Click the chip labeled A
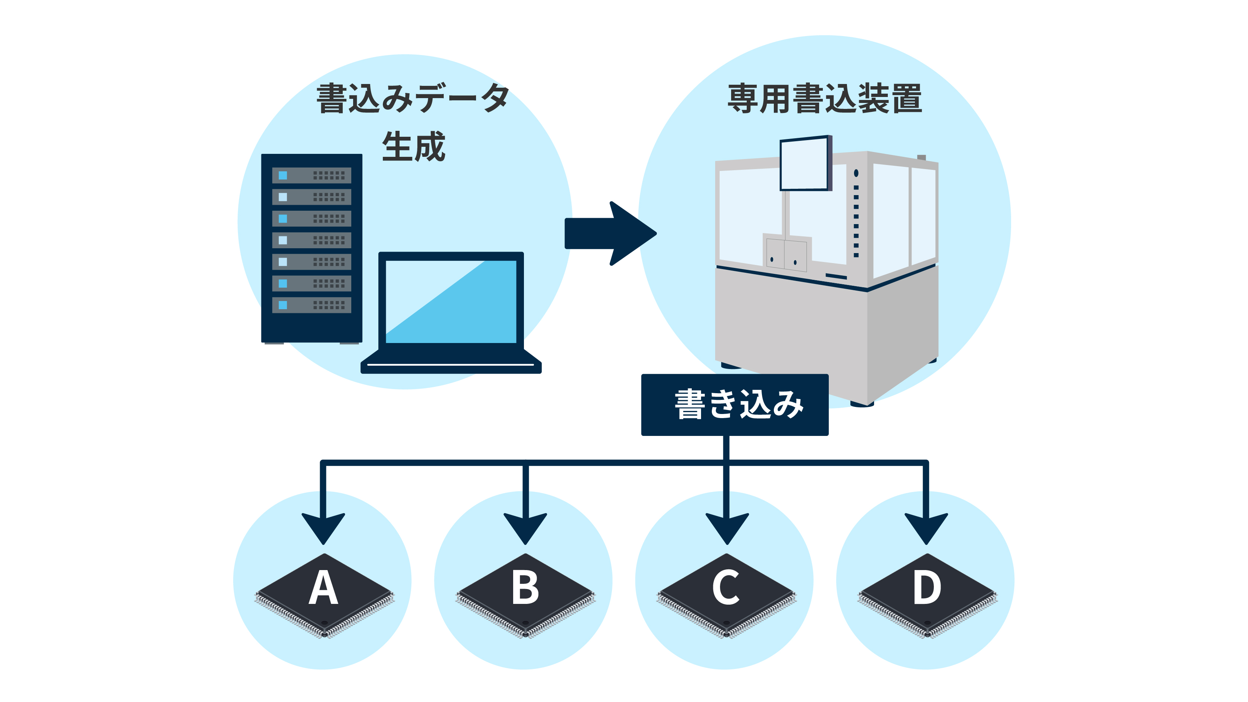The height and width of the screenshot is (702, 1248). click(x=324, y=594)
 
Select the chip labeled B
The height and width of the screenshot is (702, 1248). click(x=525, y=594)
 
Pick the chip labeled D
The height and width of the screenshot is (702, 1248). click(x=927, y=594)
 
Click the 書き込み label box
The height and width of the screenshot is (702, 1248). click(x=734, y=404)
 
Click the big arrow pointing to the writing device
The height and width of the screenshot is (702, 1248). click(x=610, y=234)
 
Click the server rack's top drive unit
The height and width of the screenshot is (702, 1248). click(x=312, y=175)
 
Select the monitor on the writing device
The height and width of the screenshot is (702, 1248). click(x=804, y=164)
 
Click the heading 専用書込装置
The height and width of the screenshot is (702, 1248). click(x=825, y=99)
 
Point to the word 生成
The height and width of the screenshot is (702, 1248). click(x=413, y=146)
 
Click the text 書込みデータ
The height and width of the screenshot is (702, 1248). click(x=413, y=99)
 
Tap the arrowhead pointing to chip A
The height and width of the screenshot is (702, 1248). click(x=323, y=527)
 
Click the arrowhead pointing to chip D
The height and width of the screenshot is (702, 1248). click(x=926, y=527)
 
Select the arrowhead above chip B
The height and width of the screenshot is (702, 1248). click(x=525, y=527)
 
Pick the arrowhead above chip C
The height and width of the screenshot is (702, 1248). click(x=727, y=527)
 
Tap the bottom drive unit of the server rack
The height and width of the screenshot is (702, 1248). click(x=312, y=305)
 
